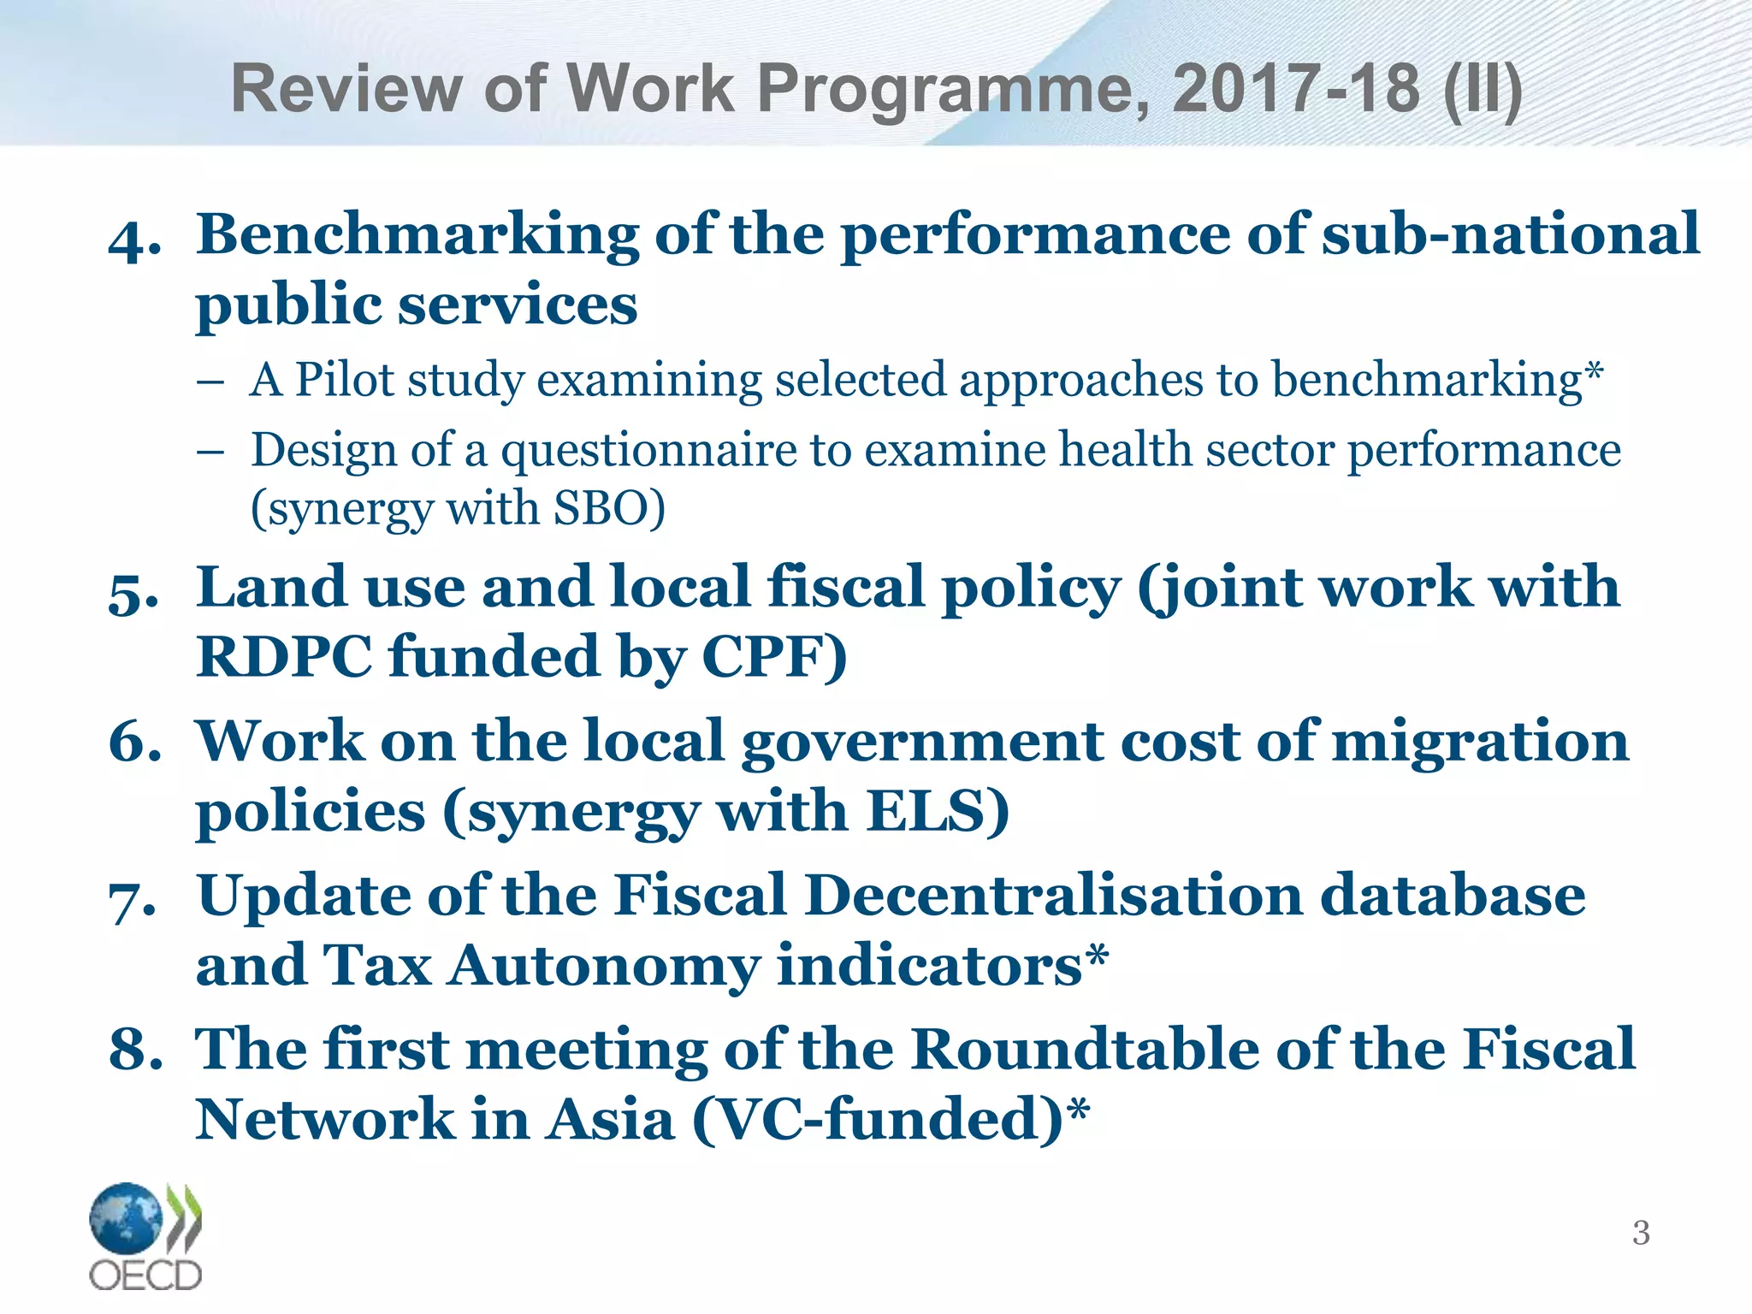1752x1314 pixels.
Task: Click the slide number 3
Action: click(x=1641, y=1233)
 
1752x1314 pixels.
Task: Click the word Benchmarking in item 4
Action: click(x=417, y=236)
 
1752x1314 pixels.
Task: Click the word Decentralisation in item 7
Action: click(x=1054, y=896)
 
